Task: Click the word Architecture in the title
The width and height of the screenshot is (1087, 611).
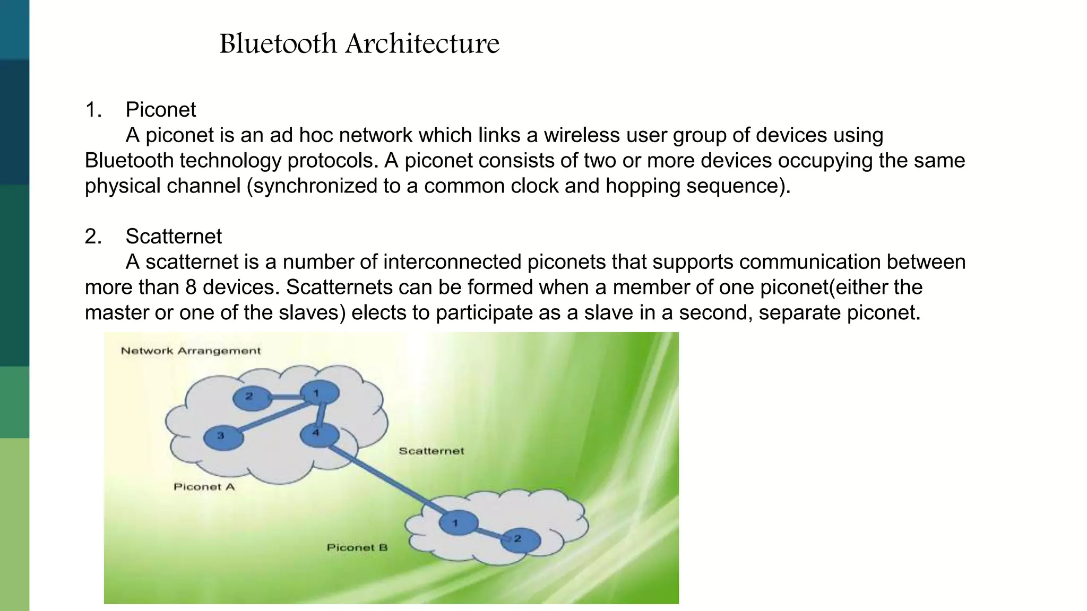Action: (422, 43)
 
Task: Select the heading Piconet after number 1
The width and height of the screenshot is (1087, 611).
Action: (160, 110)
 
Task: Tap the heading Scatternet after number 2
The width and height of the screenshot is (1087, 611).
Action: (174, 237)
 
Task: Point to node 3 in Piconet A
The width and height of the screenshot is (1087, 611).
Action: (223, 437)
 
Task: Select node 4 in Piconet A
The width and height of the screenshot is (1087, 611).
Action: (318, 434)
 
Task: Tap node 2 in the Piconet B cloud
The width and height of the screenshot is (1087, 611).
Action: (520, 539)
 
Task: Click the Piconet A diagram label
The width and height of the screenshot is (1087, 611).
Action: (204, 487)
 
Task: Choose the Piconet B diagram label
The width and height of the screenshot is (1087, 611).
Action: (357, 547)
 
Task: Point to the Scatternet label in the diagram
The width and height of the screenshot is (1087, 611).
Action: (431, 451)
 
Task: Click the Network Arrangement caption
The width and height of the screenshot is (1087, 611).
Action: (191, 351)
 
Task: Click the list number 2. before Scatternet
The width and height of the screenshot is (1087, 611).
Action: (93, 237)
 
